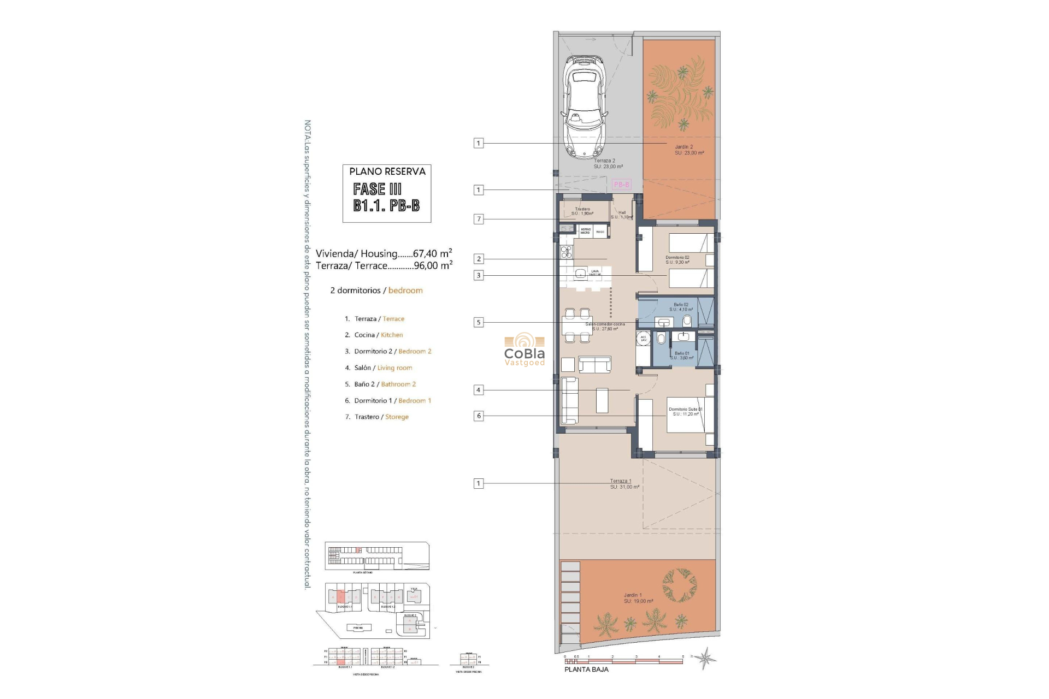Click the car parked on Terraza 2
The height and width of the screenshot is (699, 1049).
pos(586,106)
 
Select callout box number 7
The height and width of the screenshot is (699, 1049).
pos(479,219)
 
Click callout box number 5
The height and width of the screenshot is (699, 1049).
pos(479,322)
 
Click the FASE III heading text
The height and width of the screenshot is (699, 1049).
pos(377,189)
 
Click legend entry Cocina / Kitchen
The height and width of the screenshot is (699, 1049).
pos(378,335)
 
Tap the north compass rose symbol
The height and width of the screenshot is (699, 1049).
pos(706,658)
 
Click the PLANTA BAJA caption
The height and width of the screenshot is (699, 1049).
pos(586,670)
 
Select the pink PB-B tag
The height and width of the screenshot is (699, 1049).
pos(621,185)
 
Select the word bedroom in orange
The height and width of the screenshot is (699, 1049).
pos(405,291)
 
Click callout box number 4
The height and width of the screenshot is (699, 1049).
pos(479,390)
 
